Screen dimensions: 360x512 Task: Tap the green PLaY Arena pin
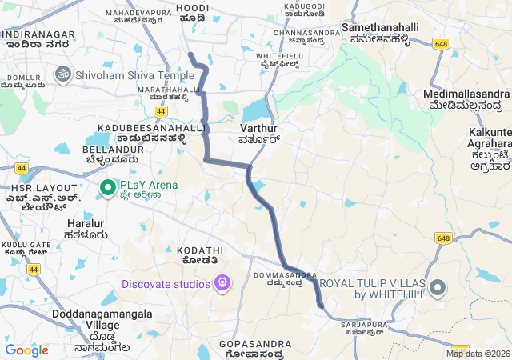tap(107, 187)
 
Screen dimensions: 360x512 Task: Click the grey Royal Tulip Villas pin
tap(438, 287)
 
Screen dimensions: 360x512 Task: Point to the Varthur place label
tap(258, 128)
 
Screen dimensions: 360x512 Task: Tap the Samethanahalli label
tap(380, 27)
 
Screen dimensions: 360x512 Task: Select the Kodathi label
tap(196, 250)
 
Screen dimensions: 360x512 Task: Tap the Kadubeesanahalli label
tap(152, 128)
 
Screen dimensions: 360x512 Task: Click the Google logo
tap(26, 350)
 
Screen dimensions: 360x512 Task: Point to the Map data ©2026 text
tap(477, 354)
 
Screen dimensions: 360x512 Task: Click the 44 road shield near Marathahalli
tap(162, 110)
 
